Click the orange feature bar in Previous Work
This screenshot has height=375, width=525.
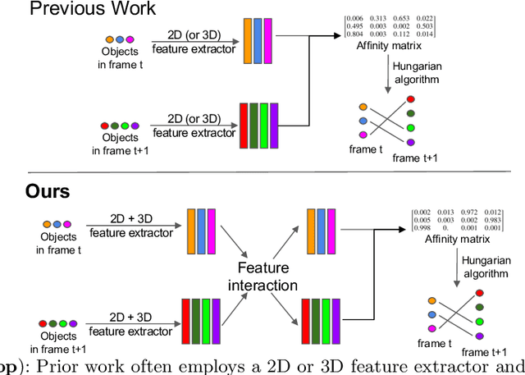249,40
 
